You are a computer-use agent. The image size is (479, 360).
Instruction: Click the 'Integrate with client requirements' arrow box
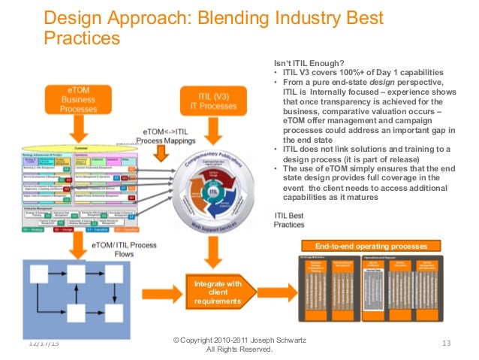tap(217, 292)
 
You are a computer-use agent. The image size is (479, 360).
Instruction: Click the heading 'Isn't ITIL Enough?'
tap(310, 62)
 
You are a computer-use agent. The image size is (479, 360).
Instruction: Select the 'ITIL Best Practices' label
tap(289, 219)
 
